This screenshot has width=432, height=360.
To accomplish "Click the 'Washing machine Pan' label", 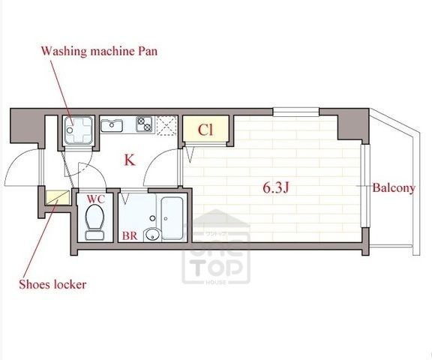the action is click(100, 52).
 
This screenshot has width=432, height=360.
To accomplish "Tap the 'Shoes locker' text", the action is click(52, 284).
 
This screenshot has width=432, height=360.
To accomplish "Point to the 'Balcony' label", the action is click(394, 188).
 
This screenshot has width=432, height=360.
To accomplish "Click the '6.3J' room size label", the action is click(275, 188).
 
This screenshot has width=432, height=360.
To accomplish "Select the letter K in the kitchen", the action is click(130, 160).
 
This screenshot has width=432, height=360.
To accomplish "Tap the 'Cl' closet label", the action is click(205, 130).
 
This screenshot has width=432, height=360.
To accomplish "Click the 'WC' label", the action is click(96, 199).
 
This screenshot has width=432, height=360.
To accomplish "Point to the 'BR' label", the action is click(130, 235).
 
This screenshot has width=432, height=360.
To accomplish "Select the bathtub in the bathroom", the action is click(172, 218).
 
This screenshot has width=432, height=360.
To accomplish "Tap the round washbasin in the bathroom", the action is click(152, 235).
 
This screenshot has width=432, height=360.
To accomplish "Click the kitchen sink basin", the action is click(112, 125).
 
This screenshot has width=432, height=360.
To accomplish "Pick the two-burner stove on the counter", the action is click(144, 124).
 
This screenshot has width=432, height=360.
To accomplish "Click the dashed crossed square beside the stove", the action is click(166, 125).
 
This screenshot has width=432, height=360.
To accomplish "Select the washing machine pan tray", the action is click(78, 130).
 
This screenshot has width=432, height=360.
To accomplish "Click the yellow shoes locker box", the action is click(58, 197).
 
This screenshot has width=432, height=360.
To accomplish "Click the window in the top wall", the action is click(296, 112).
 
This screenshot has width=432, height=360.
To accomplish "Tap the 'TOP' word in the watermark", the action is click(216, 268).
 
